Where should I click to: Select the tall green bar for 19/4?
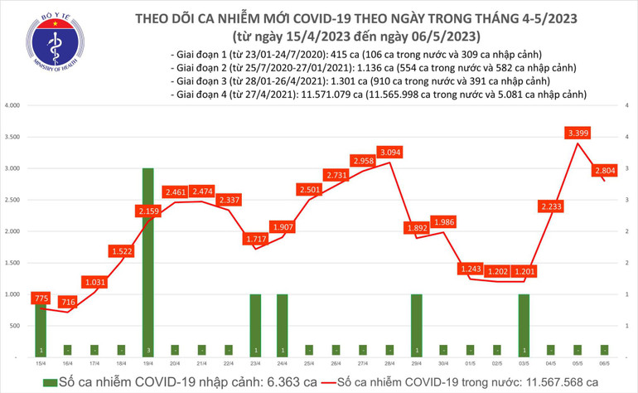[147, 262]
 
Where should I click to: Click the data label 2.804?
[603, 172]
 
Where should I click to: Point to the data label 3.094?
[389, 152]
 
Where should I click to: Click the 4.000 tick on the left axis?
[12, 106]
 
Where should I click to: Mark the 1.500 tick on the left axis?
[12, 263]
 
